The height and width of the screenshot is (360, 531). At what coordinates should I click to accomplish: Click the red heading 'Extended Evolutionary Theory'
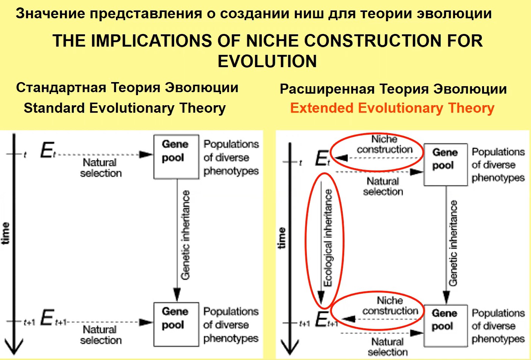[392, 109]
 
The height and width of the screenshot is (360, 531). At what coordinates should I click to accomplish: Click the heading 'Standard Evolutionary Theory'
[125, 109]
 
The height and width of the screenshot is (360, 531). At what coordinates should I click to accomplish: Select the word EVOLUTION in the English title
[267, 62]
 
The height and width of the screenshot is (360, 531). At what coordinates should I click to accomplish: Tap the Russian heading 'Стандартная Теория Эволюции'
[127, 88]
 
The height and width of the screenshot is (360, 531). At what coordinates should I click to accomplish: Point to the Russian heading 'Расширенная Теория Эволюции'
[393, 89]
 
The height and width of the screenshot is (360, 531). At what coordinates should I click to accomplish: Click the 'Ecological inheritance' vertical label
[328, 238]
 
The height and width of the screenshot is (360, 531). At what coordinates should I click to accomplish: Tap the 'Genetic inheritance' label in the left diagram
[185, 235]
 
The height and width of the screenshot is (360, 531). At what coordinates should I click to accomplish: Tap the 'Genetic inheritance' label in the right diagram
[453, 243]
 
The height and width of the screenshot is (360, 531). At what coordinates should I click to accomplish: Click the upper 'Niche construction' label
[384, 144]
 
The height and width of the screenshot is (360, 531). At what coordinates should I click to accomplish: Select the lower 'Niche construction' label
[390, 306]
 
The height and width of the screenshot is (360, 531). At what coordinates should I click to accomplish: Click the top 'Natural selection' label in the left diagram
[101, 168]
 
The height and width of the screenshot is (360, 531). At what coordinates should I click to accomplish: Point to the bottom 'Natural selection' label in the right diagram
[387, 347]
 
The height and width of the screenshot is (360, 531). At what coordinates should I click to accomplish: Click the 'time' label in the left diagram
[6, 233]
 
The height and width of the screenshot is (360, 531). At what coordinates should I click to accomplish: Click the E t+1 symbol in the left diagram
[53, 318]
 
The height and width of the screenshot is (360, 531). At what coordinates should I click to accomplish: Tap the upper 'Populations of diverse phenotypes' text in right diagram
[498, 165]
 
